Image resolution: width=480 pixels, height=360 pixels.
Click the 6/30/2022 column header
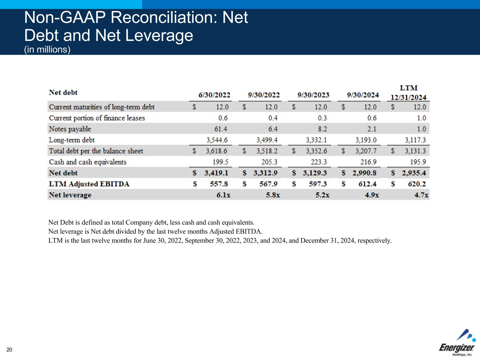point(214,95)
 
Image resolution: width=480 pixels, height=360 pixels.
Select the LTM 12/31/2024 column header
point(408,93)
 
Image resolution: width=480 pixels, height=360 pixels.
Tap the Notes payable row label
point(70,129)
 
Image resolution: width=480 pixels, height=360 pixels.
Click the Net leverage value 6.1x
point(223,195)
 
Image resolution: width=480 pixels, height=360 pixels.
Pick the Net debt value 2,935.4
point(414,173)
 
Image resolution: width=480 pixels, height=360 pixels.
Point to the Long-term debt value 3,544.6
point(217,140)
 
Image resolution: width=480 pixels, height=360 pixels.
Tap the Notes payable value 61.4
point(221,129)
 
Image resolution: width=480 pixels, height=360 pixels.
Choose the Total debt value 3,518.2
point(267,151)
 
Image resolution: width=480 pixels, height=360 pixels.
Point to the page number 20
point(9,349)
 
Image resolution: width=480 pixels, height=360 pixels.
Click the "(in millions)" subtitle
point(47,50)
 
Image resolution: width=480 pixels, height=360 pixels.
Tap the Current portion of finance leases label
point(97,118)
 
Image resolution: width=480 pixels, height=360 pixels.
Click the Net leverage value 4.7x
point(421,195)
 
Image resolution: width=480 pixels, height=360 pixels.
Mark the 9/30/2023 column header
point(313,95)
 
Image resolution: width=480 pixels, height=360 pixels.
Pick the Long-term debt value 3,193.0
point(366,140)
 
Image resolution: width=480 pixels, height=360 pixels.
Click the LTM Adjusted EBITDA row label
point(89,184)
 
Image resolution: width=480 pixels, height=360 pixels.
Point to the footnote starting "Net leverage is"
point(155,231)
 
